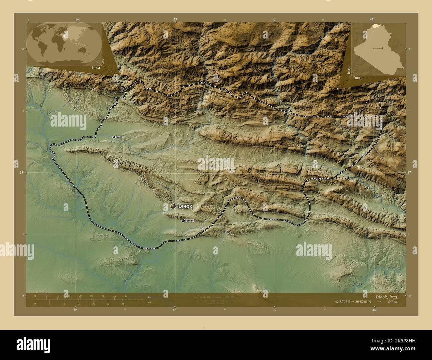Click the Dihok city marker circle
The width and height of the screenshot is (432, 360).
(173, 206)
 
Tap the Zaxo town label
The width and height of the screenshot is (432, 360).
(120, 137)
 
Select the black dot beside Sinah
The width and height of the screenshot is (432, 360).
(183, 220)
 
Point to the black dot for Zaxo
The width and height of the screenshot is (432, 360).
(114, 137)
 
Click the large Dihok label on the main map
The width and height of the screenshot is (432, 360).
(185, 206)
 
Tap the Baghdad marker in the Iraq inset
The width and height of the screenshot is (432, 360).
(382, 48)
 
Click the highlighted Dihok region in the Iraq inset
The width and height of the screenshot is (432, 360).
(376, 26)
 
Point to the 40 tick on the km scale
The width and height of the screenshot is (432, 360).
(126, 296)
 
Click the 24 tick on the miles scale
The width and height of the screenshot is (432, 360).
(123, 304)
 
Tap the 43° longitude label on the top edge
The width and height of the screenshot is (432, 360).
(175, 19)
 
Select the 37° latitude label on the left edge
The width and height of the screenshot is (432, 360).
(22, 173)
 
